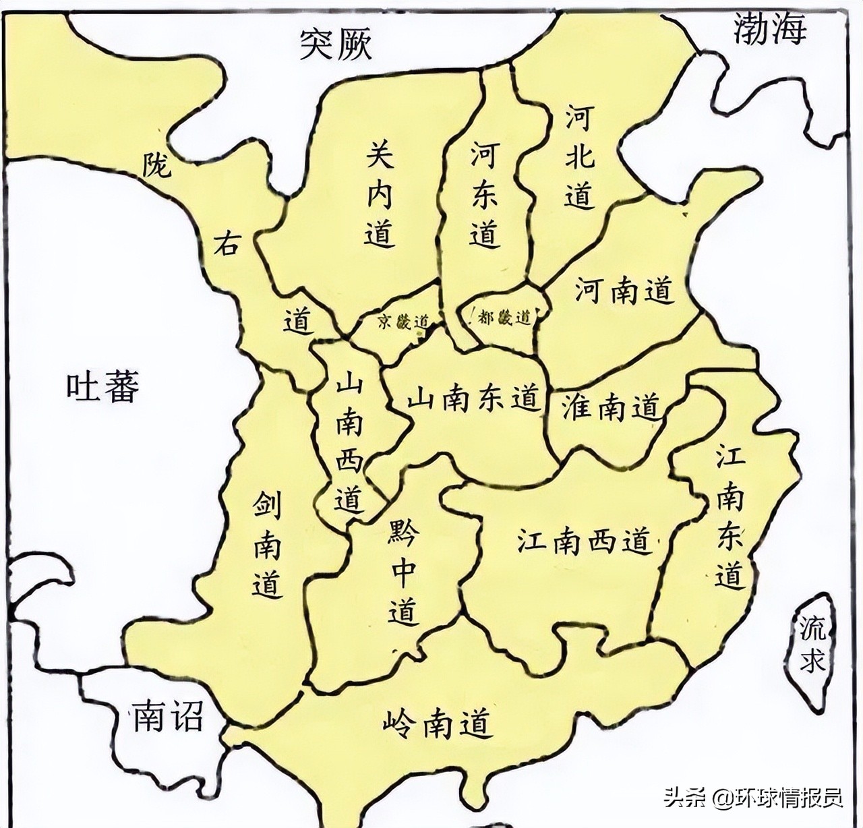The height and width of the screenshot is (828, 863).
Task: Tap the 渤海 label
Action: pyautogui.click(x=770, y=30)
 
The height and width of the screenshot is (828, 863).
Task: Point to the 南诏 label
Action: pyautogui.click(x=167, y=716)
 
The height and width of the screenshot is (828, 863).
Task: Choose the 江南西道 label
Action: pyautogui.click(x=584, y=541)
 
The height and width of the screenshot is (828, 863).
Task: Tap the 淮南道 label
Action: pyautogui.click(x=610, y=407)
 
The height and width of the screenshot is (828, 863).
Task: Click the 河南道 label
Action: pyautogui.click(x=624, y=291)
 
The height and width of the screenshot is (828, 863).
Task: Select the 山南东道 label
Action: pyautogui.click(x=474, y=398)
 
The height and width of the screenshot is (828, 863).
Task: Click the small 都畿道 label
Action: pyautogui.click(x=504, y=318)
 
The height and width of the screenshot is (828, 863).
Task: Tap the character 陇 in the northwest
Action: pyautogui.click(x=156, y=165)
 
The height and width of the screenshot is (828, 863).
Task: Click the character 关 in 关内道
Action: pyautogui.click(x=380, y=156)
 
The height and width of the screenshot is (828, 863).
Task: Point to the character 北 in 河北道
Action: pyautogui.click(x=580, y=156)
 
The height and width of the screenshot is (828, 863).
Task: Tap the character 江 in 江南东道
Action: pyautogui.click(x=730, y=460)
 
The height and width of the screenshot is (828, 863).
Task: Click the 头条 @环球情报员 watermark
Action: pyautogui.click(x=753, y=798)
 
